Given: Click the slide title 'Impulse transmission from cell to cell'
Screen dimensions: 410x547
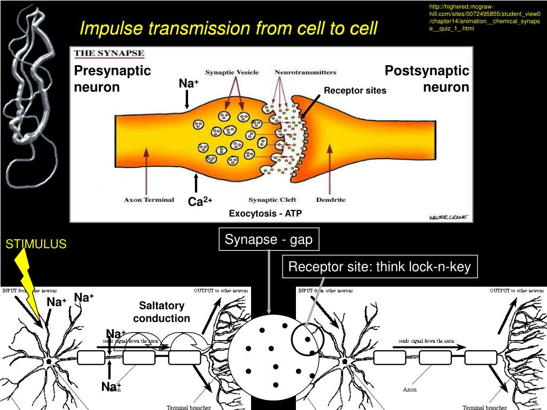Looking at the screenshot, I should [x=228, y=28].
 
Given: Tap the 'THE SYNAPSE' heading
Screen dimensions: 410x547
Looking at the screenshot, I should [x=109, y=53].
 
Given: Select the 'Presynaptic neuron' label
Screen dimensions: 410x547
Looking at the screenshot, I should [x=112, y=78].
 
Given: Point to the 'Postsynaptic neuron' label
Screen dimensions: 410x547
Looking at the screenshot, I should [x=427, y=78].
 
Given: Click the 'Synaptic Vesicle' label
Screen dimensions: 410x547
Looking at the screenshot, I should [x=232, y=72].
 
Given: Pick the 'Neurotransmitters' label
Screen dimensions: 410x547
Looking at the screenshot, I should [x=305, y=72].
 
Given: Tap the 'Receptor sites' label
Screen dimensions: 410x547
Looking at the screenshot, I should [x=355, y=91].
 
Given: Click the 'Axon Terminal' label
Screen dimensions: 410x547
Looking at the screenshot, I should [x=149, y=200].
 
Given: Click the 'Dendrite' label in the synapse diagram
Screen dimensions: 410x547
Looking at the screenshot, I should [x=331, y=200].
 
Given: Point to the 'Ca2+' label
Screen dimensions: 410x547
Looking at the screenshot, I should [x=200, y=201].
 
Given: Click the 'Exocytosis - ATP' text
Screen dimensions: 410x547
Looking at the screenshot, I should [x=265, y=214].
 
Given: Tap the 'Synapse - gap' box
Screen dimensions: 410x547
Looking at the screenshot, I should [x=269, y=240].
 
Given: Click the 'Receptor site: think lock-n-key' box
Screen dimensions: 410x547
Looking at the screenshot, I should [x=379, y=266].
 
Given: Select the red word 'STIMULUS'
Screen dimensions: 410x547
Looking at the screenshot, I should [x=36, y=245].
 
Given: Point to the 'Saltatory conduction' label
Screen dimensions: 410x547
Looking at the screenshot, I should [x=161, y=312].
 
